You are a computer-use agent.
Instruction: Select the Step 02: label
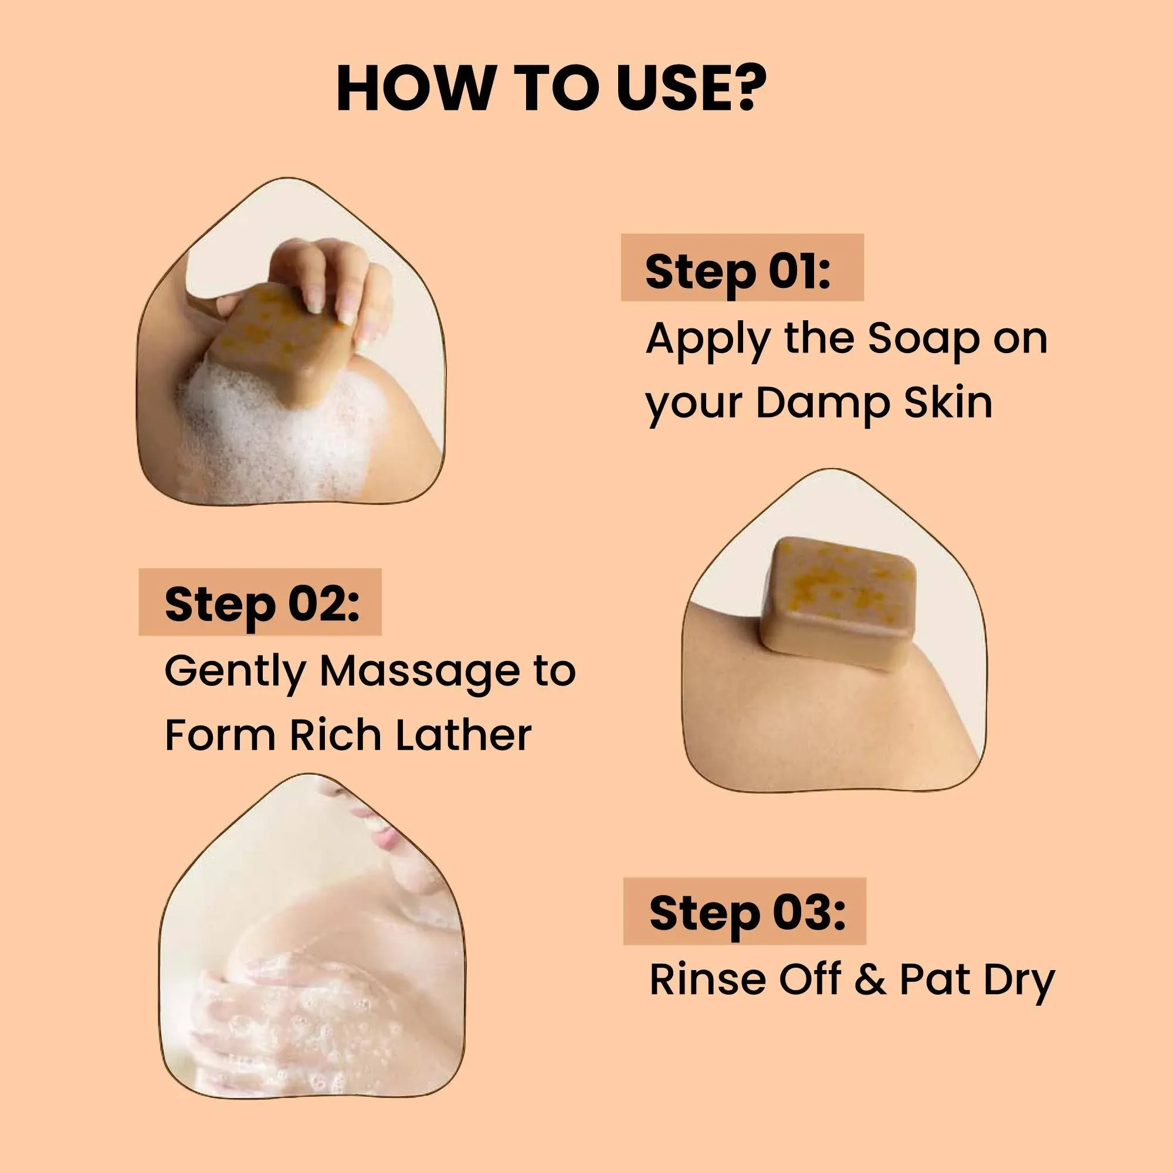click(262, 605)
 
